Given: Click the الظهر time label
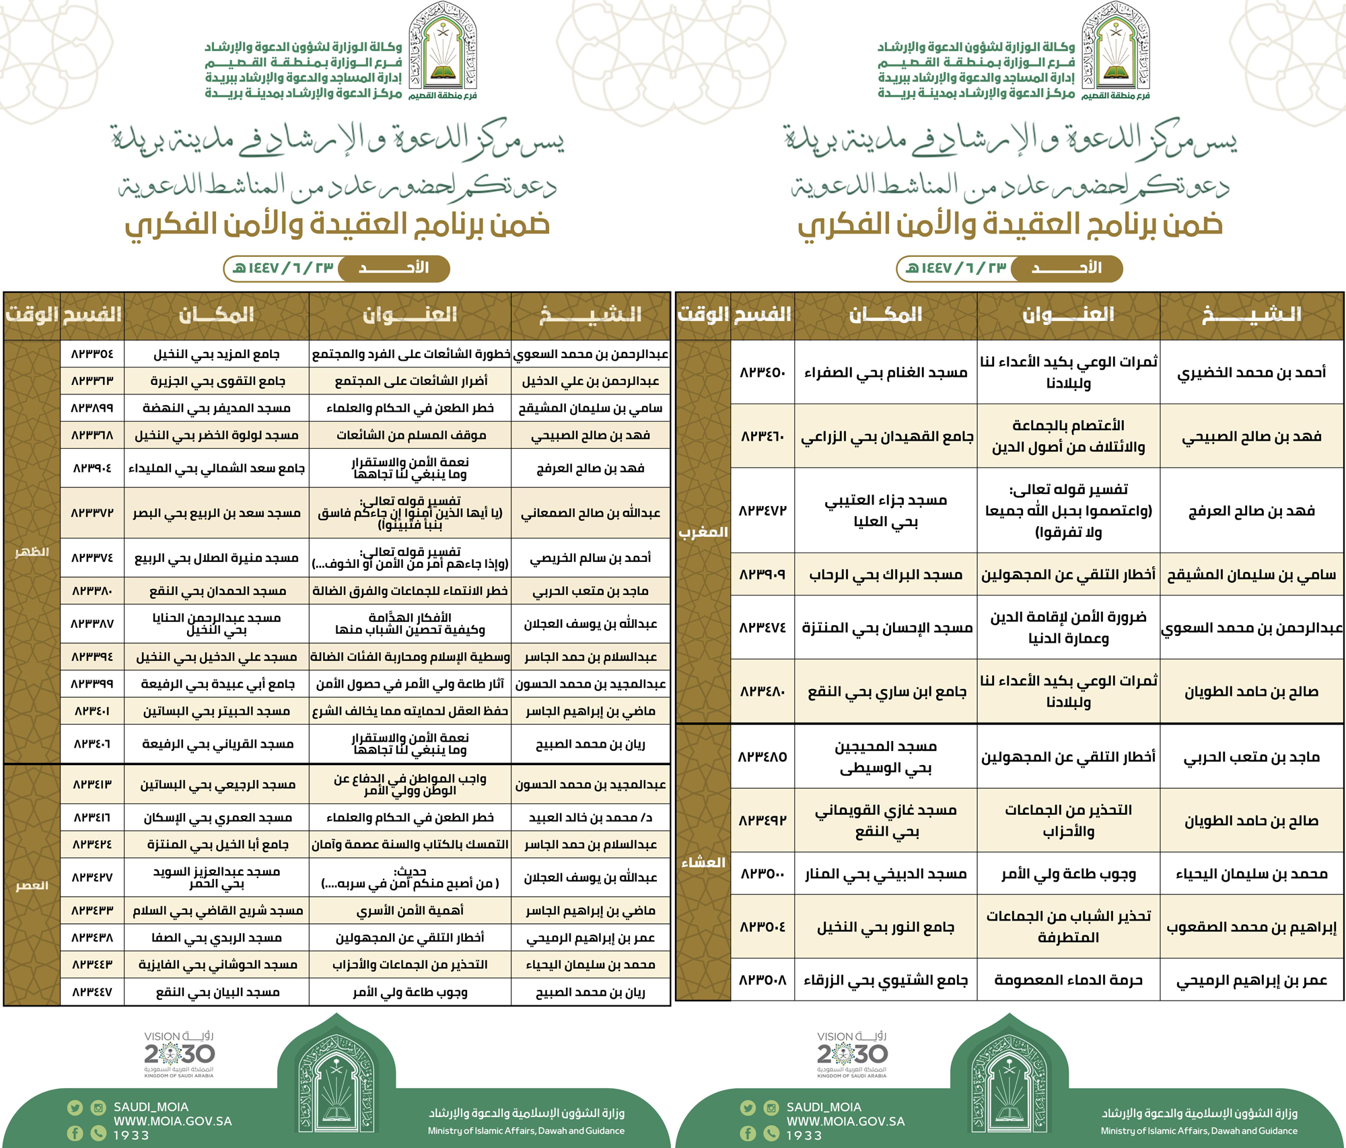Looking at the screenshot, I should click(x=32, y=552).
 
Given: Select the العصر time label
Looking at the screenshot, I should click(x=32, y=886).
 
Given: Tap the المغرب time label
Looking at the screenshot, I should click(x=703, y=532).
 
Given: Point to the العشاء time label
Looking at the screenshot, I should click(x=703, y=863).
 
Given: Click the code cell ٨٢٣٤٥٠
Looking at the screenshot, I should click(x=763, y=372).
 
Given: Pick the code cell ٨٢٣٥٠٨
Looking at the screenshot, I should click(x=763, y=980).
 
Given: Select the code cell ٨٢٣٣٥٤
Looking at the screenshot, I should click(x=92, y=354).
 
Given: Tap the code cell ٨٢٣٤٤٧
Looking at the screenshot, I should click(x=92, y=992).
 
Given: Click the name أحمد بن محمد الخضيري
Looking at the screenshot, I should click(x=1251, y=372).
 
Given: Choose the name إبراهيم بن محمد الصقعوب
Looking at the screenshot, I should click(x=1251, y=927).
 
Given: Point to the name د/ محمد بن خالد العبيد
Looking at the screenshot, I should click(x=590, y=818).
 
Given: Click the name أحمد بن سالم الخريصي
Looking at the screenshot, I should click(x=590, y=558).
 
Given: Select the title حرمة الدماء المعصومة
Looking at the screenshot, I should click(x=1068, y=980).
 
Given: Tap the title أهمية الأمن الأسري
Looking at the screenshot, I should click(x=410, y=910).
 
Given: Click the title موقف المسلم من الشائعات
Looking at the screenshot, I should click(x=410, y=435).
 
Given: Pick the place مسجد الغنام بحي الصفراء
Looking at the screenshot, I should click(x=886, y=372).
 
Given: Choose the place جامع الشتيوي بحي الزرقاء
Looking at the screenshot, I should click(x=886, y=980).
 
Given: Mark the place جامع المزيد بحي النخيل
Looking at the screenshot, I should click(x=216, y=354).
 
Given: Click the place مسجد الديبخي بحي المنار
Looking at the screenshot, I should click(x=886, y=873).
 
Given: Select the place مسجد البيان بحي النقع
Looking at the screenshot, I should click(x=216, y=992).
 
